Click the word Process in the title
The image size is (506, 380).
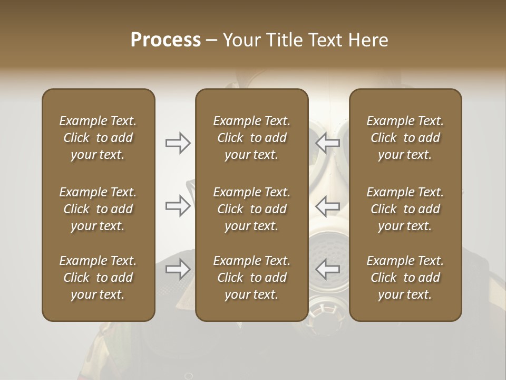tap(166, 40)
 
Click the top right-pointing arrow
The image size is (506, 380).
tap(178, 143)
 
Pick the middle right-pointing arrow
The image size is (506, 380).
tap(178, 206)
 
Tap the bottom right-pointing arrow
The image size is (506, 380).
tap(178, 269)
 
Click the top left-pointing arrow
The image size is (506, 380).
tap(327, 143)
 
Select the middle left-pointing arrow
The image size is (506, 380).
tap(327, 206)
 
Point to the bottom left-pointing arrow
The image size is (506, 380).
tap(327, 269)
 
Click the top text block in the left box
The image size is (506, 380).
tap(98, 138)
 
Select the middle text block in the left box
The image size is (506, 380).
tap(98, 209)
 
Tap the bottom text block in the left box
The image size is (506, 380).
tap(98, 278)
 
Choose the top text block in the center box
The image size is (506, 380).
tap(251, 138)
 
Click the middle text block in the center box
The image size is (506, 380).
tap(251, 209)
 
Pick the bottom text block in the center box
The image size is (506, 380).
tap(251, 278)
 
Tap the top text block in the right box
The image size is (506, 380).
tap(405, 138)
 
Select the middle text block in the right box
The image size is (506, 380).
tap(405, 209)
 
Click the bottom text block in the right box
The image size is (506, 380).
tap(405, 278)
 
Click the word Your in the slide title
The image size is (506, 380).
tap(240, 40)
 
